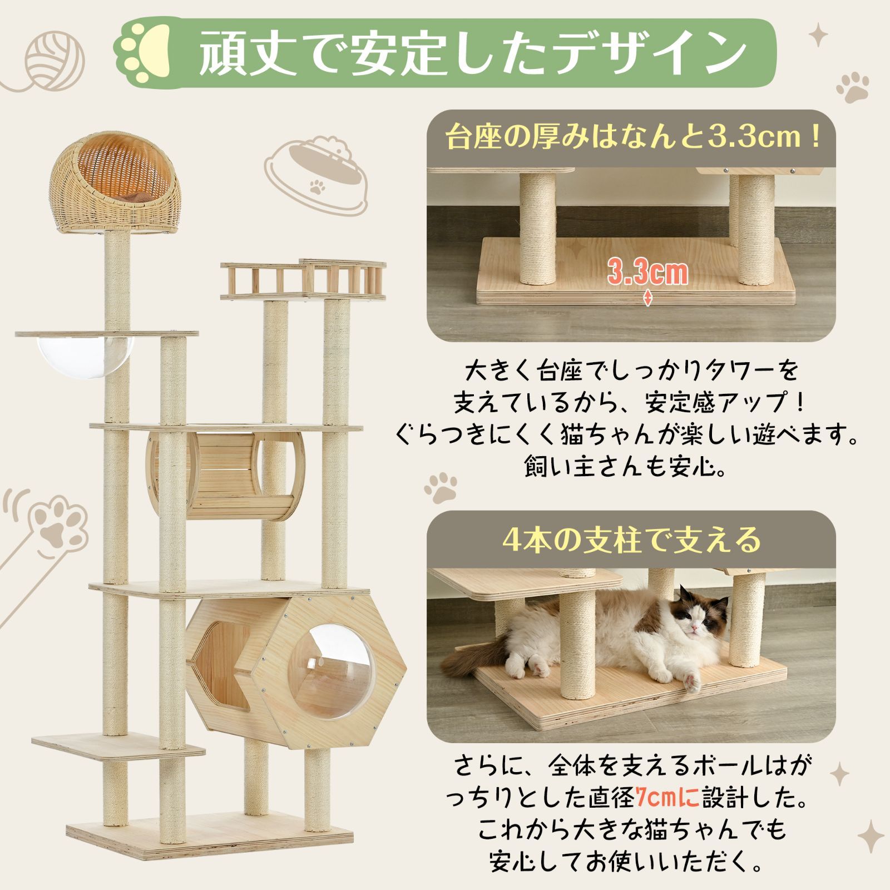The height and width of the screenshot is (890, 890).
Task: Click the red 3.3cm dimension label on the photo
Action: click(647, 273)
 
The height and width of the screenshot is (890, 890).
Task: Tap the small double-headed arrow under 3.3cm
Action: click(648, 298)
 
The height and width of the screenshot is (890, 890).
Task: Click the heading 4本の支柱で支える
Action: click(631, 538)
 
